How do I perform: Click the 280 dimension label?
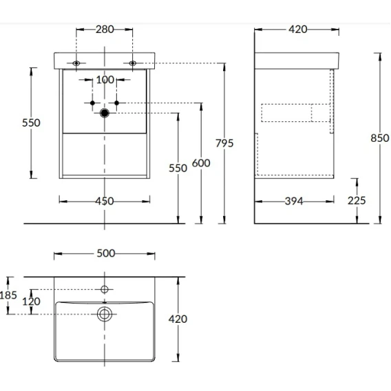(x=105, y=30)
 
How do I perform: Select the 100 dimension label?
(x=105, y=80)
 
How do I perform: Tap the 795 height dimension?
(x=224, y=143)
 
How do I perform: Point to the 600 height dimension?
(x=201, y=163)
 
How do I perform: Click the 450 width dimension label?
(x=105, y=201)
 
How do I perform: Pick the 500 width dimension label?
(x=106, y=253)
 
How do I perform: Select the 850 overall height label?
(x=380, y=138)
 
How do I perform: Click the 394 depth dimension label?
(x=294, y=201)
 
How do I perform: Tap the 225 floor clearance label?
(x=357, y=200)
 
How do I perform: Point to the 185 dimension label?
(x=8, y=295)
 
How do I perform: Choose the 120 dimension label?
(x=31, y=302)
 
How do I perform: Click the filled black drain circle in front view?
(x=105, y=113)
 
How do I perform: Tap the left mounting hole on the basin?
(x=76, y=63)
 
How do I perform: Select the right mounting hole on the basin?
(x=133, y=63)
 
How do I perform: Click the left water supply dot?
(x=92, y=103)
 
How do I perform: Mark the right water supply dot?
(x=116, y=103)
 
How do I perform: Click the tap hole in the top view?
(x=105, y=290)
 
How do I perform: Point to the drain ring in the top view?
(x=105, y=307)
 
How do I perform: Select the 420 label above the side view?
(x=298, y=30)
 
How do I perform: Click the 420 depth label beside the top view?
(x=178, y=319)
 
